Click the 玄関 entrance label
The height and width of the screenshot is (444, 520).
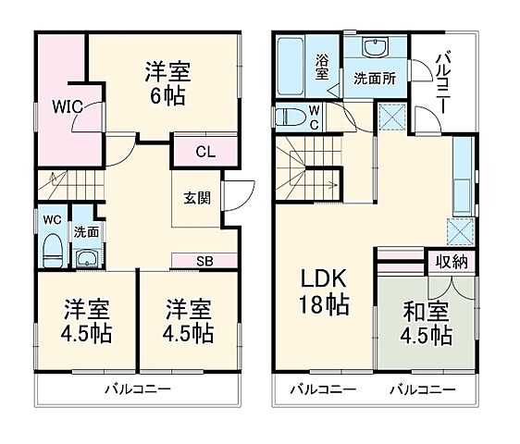[195, 197]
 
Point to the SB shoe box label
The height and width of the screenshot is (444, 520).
[203, 260]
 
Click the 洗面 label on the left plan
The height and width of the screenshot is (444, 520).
[86, 231]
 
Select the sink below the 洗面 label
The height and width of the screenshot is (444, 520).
[88, 257]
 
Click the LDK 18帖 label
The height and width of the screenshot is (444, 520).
[323, 290]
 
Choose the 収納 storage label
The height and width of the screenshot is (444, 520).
[452, 262]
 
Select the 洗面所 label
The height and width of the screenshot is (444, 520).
[375, 79]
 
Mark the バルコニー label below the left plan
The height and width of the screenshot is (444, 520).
[136, 389]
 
